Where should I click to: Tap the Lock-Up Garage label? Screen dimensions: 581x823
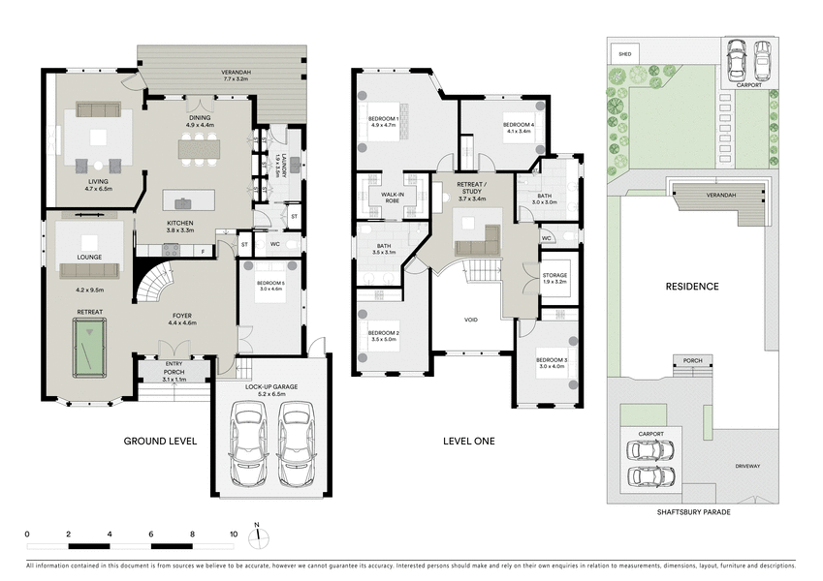(271, 389)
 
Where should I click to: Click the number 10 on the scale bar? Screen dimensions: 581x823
(233, 534)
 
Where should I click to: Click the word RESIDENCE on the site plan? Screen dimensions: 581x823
(691, 287)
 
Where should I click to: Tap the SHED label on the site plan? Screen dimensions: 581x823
(625, 54)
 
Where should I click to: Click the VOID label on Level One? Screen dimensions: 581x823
(471, 318)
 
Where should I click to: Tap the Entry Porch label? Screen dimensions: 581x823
(174, 368)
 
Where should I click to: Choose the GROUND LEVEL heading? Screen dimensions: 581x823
(160, 442)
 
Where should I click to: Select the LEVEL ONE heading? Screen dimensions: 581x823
(469, 442)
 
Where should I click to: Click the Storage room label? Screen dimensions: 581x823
(554, 278)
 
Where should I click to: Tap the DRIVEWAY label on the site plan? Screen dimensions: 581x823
(746, 466)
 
